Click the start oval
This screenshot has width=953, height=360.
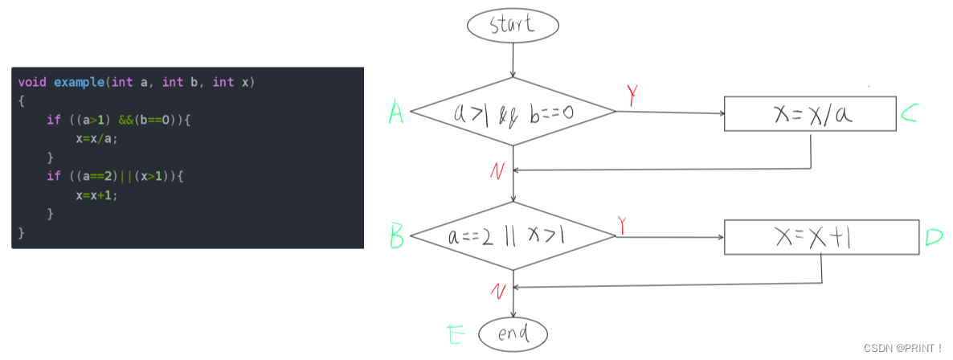[x=512, y=25]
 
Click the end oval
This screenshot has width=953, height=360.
[x=513, y=333]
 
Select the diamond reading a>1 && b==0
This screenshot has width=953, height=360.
[x=513, y=112]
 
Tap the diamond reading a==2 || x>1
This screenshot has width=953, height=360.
[x=513, y=236]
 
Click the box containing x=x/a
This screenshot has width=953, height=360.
[x=810, y=114]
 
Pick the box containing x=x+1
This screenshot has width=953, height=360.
[x=821, y=237]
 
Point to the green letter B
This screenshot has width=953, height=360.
[x=396, y=237]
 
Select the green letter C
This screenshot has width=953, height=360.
[x=909, y=115]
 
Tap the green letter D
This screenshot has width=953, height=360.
[x=933, y=237]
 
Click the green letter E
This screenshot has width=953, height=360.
[x=455, y=333]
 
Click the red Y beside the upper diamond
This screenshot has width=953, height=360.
[x=633, y=96]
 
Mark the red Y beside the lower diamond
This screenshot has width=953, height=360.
[x=623, y=225]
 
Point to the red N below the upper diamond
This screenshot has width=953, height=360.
[x=497, y=170]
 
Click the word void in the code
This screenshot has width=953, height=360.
[x=32, y=83]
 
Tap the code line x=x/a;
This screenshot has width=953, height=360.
[x=96, y=138]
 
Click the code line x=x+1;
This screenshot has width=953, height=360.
[x=96, y=194]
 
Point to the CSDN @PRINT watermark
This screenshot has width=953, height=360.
[x=902, y=348]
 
